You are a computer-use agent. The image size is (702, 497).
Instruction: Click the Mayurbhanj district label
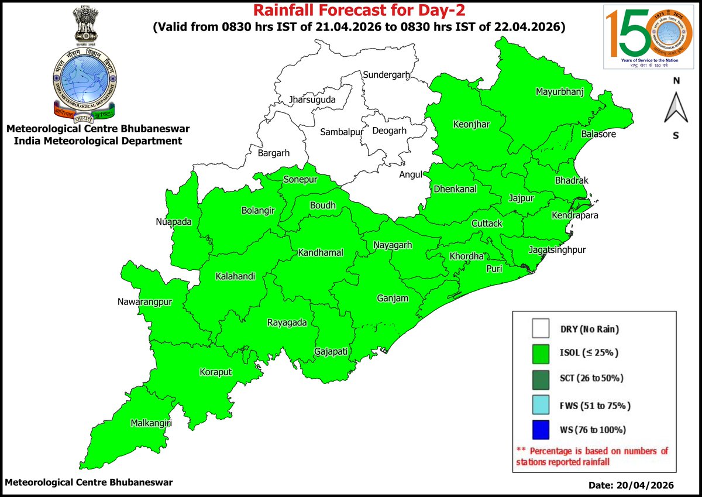click(560, 92)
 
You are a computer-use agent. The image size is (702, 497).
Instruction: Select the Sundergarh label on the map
click(387, 75)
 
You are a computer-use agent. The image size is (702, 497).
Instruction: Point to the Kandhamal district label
click(321, 253)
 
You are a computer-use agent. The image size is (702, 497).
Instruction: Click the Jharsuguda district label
click(312, 101)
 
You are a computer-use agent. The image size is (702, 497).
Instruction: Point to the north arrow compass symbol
click(676, 108)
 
